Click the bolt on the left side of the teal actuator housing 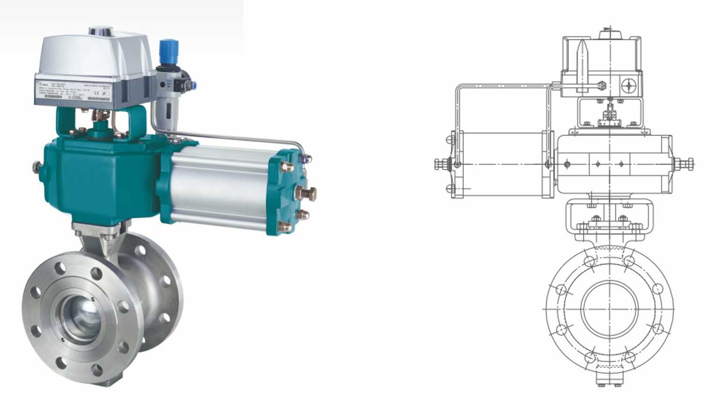click(x=37, y=167)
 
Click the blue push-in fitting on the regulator click(x=191, y=85)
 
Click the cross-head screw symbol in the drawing click(x=629, y=85)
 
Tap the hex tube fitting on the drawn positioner click(x=601, y=85)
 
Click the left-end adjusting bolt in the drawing click(x=441, y=164)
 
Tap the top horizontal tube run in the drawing click(x=502, y=85)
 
